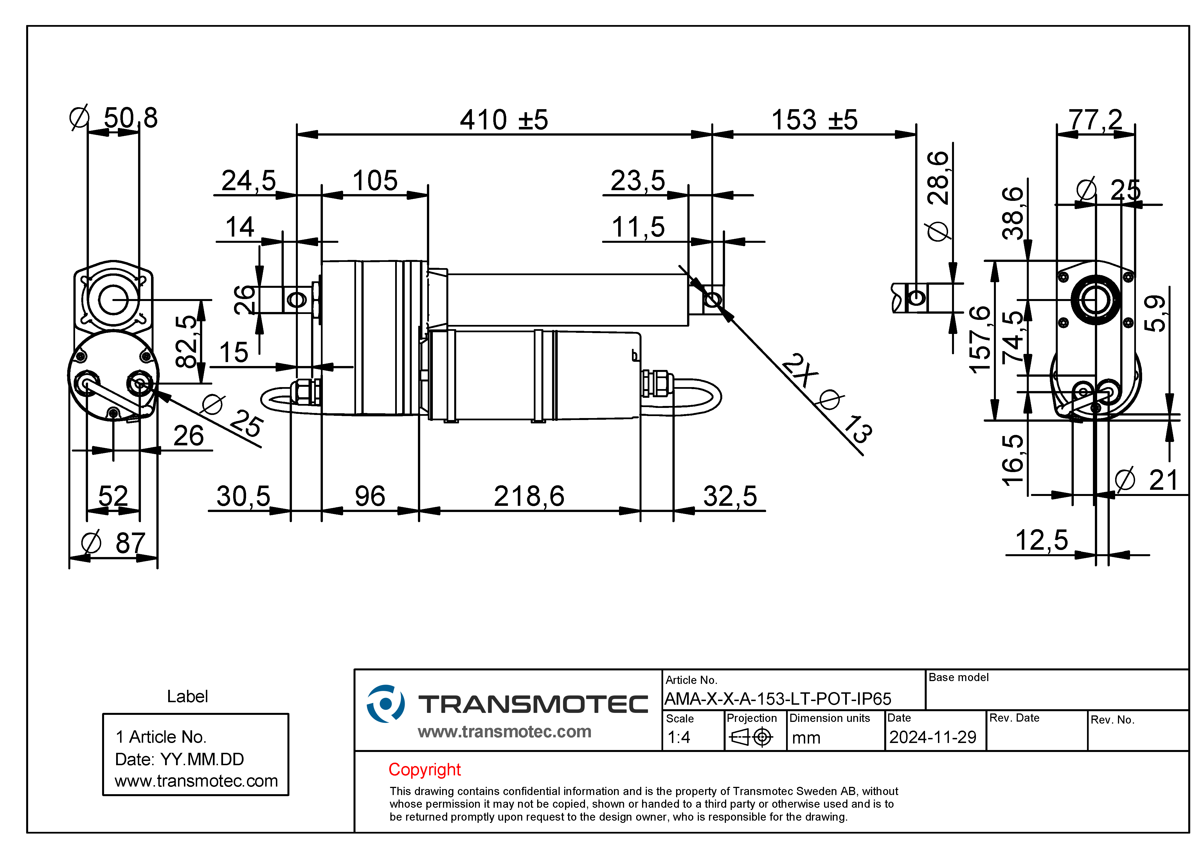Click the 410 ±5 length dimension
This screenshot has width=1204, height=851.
coord(504,120)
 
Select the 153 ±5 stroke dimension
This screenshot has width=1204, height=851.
coord(814,120)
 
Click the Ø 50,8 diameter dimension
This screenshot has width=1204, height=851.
coord(114,118)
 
